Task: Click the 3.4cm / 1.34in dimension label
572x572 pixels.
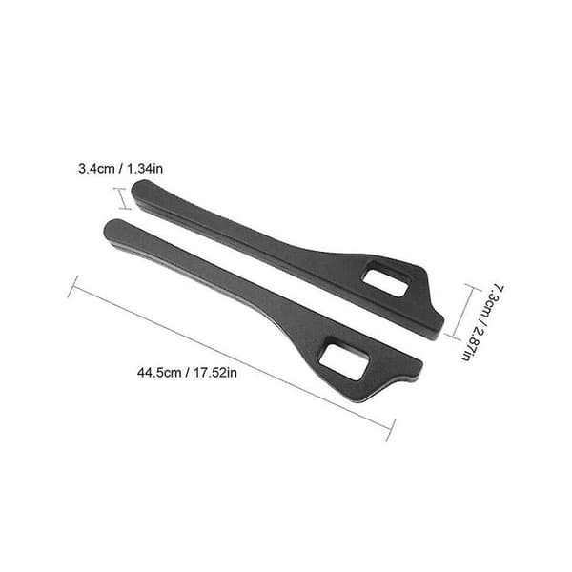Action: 120,169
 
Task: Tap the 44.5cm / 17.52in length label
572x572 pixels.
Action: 187,373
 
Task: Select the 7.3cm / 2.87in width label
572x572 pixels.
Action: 482,323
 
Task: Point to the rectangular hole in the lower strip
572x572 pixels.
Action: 343,357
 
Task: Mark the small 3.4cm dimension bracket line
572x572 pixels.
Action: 122,199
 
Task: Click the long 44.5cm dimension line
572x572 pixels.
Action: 232,358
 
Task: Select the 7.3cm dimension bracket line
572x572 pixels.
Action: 460,312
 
